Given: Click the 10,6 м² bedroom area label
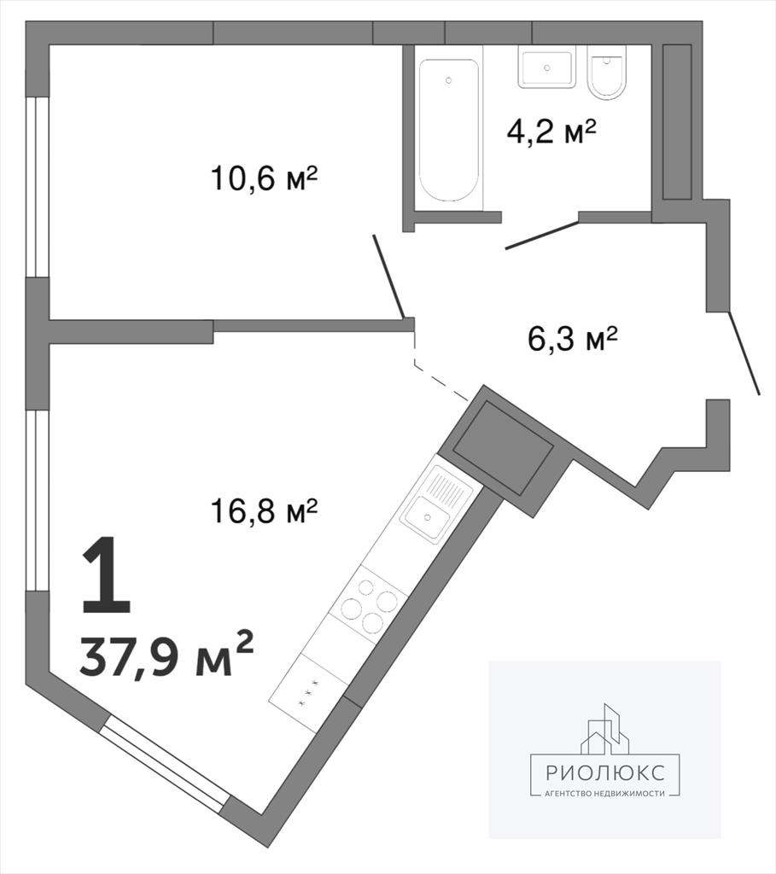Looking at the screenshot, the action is tap(265, 178).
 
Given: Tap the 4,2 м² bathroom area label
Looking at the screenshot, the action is tap(551, 131).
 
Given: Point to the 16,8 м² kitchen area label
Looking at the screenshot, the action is tap(265, 510).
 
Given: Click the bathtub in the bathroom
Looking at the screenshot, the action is tap(449, 130).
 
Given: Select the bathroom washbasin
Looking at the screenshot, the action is tap(547, 67).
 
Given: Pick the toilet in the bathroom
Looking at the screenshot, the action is tap(607, 73).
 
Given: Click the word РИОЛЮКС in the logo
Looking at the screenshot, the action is tap(605, 772).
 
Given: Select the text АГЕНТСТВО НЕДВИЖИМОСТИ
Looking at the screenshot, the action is tap(605, 794).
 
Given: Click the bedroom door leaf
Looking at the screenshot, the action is tap(388, 277).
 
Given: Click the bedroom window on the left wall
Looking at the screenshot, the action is tap(38, 187).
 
